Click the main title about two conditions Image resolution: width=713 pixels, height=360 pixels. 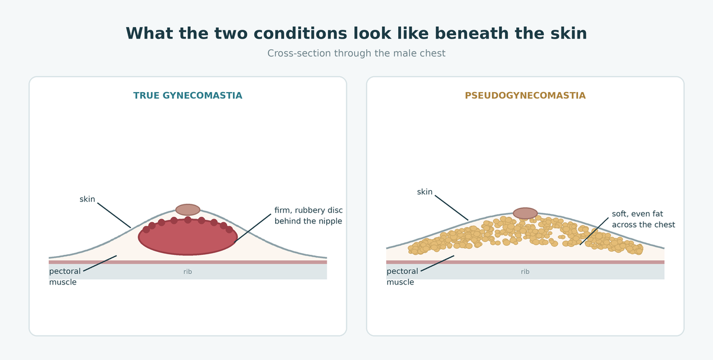click(x=356, y=33)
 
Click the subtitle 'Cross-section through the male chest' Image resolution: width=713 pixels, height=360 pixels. click(x=356, y=53)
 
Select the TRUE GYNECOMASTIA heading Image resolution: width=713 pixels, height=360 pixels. click(x=188, y=96)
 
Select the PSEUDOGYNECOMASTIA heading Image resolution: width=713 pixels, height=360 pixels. click(x=525, y=96)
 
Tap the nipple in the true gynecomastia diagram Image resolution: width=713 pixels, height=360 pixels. click(x=188, y=210)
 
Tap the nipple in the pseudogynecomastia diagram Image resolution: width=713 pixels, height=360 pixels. click(x=525, y=213)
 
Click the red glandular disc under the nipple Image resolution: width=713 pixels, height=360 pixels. click(x=188, y=237)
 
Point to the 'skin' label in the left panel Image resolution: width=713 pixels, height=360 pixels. click(x=87, y=199)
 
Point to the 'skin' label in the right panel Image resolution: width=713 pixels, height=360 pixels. click(x=425, y=192)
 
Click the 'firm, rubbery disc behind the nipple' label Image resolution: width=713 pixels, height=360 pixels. click(x=308, y=216)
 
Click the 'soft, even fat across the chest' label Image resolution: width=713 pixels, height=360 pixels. click(x=643, y=219)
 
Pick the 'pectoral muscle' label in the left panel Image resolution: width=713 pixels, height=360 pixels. click(x=65, y=277)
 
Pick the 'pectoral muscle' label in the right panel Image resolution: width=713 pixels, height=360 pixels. click(x=402, y=277)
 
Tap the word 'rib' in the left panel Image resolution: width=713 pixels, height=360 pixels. click(x=188, y=271)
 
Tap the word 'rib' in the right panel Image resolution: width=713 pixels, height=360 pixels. click(x=525, y=271)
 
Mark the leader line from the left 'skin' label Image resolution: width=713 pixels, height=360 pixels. click(x=114, y=215)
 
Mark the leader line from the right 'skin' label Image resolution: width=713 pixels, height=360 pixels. click(x=452, y=207)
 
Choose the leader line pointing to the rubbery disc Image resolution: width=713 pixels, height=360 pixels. click(x=253, y=229)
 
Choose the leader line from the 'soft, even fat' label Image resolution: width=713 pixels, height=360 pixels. click(x=594, y=232)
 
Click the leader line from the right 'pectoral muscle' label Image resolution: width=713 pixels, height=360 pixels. click(x=437, y=263)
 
